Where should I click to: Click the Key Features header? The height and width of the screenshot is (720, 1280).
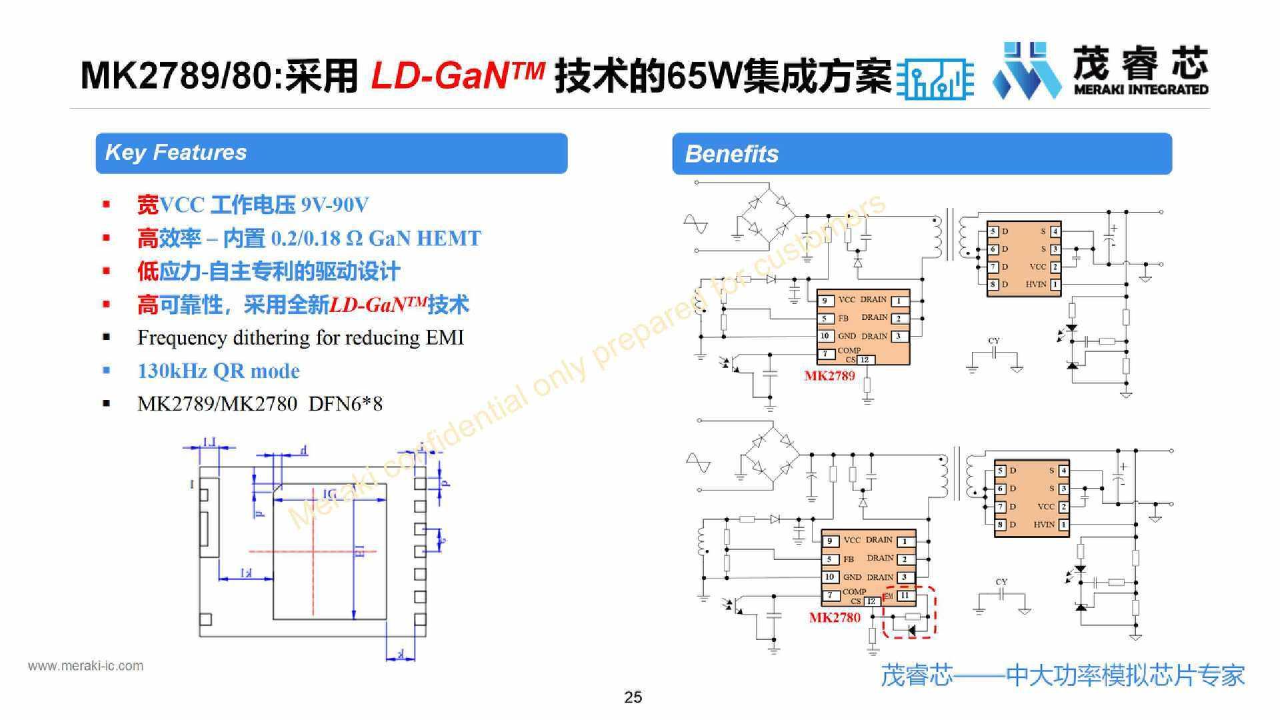(176, 153)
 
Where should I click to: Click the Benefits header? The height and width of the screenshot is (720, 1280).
(731, 154)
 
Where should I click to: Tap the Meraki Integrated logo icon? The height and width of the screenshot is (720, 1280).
(1027, 70)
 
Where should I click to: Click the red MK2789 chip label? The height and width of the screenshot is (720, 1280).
(829, 375)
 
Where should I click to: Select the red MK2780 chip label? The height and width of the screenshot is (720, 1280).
(835, 617)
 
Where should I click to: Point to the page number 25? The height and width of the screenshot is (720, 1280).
(633, 697)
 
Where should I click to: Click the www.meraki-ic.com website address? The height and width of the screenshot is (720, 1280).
(85, 665)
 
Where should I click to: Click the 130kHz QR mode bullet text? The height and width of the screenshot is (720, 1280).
(218, 371)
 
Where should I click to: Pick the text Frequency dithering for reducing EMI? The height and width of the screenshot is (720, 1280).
(300, 338)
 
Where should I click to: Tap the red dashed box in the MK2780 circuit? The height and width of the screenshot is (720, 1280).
(910, 611)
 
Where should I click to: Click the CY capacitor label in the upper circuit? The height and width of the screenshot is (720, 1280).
(993, 341)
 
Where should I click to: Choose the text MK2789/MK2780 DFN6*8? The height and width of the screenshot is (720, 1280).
(259, 404)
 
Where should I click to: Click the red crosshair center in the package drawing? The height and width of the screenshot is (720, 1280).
(313, 551)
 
